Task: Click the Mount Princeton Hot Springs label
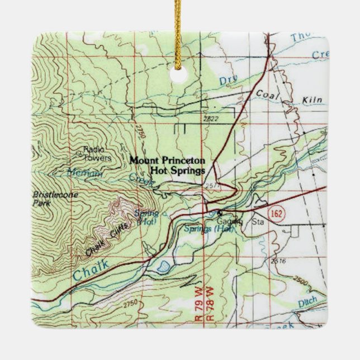(x=167, y=165)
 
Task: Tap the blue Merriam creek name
(x=83, y=173)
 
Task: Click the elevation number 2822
(x=211, y=119)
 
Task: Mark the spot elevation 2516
(x=277, y=260)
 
